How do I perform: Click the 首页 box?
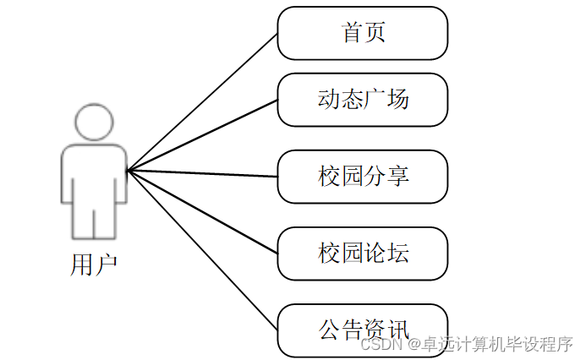[x=362, y=33]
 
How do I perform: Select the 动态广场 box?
[x=362, y=100]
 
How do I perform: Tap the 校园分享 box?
[x=362, y=176]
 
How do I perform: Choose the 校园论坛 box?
[x=362, y=252]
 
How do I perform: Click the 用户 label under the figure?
[x=93, y=265]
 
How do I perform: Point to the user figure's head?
[x=94, y=123]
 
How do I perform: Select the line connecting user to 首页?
[x=203, y=102]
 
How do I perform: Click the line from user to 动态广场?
[x=203, y=135]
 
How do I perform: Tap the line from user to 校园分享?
[x=203, y=173]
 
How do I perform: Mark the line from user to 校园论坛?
[x=203, y=211]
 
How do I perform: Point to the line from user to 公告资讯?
[x=203, y=249]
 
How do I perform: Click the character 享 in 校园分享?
[x=397, y=176]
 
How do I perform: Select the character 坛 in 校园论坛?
[x=397, y=252]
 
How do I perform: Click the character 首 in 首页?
[x=352, y=33]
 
